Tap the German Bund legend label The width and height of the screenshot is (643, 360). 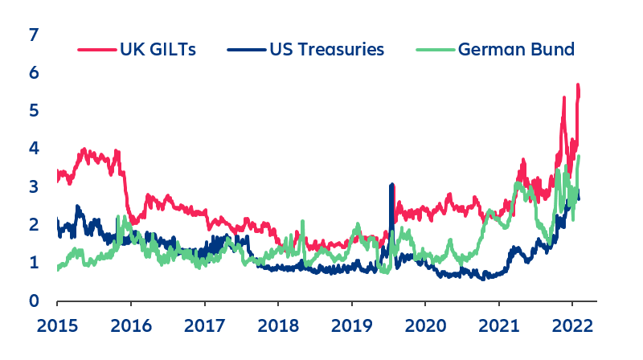click(x=516, y=50)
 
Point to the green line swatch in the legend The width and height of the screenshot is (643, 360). click(x=436, y=50)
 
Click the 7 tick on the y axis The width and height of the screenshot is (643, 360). click(x=33, y=35)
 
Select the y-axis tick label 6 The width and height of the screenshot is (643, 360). click(x=33, y=73)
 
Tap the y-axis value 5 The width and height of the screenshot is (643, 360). click(x=33, y=111)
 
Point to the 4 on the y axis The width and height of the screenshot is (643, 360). click(x=33, y=149)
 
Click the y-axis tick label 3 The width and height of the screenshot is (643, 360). click(x=33, y=186)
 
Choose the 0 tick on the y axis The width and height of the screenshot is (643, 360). click(x=33, y=301)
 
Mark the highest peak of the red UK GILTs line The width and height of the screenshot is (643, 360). click(x=577, y=85)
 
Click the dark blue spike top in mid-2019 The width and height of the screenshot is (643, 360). click(x=391, y=186)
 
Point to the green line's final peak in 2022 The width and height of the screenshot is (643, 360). click(x=578, y=157)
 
